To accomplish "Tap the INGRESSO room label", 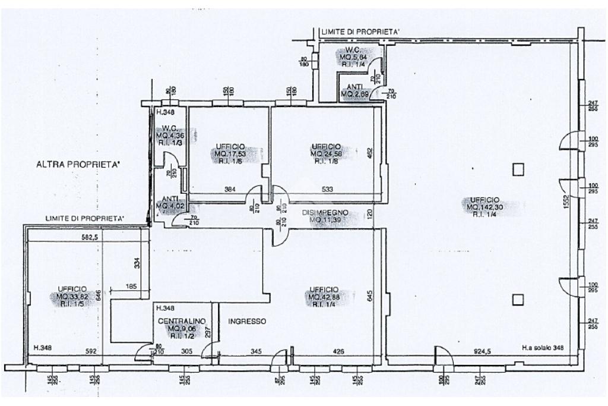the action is coord(247,321).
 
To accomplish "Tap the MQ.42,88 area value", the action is coord(324,297).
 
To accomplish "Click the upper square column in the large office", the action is coord(519,169).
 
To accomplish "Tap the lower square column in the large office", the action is coord(519,299).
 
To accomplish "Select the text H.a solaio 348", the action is coord(543,348).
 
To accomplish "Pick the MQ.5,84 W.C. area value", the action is coord(354,57).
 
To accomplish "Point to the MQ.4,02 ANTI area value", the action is coord(169,206).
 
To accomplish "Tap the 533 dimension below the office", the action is coord(327,190).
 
